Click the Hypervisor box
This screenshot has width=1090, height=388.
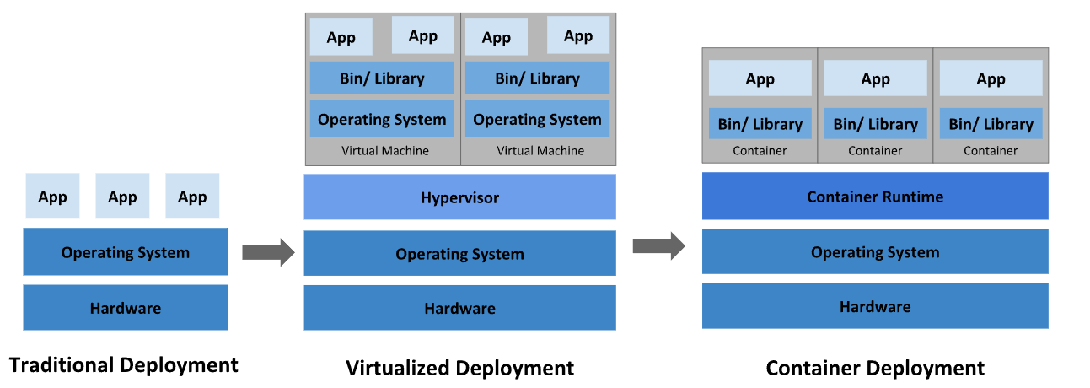pyautogui.click(x=459, y=197)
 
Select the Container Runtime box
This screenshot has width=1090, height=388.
pyautogui.click(x=875, y=196)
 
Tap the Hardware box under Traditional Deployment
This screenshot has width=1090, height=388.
pyautogui.click(x=126, y=308)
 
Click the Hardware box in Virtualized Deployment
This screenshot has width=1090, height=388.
pyautogui.click(x=459, y=308)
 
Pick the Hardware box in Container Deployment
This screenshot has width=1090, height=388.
pyautogui.click(x=875, y=306)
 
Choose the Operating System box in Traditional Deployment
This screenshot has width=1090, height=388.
pyautogui.click(x=126, y=251)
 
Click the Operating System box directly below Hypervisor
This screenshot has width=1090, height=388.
pyautogui.click(x=459, y=253)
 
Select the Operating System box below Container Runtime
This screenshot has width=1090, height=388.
pyautogui.click(x=875, y=251)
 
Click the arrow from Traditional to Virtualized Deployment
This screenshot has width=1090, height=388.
pyautogui.click(x=269, y=253)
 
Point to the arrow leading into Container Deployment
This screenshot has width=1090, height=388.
pyautogui.click(x=659, y=245)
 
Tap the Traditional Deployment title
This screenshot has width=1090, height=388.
pyautogui.click(x=124, y=365)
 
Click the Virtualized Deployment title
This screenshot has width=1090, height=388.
pyautogui.click(x=459, y=368)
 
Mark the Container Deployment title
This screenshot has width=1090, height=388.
pyautogui.click(x=875, y=368)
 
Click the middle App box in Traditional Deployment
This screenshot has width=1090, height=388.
pyautogui.click(x=122, y=196)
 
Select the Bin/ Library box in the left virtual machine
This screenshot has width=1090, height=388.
pyautogui.click(x=382, y=78)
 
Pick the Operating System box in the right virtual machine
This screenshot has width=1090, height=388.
pyautogui.click(x=537, y=119)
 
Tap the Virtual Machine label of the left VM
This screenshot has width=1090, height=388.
pyautogui.click(x=385, y=150)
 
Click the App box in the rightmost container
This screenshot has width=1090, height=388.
pyautogui.click(x=991, y=78)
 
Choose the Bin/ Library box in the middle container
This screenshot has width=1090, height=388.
pyautogui.click(x=875, y=124)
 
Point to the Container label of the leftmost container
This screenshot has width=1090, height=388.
pyautogui.click(x=760, y=151)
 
